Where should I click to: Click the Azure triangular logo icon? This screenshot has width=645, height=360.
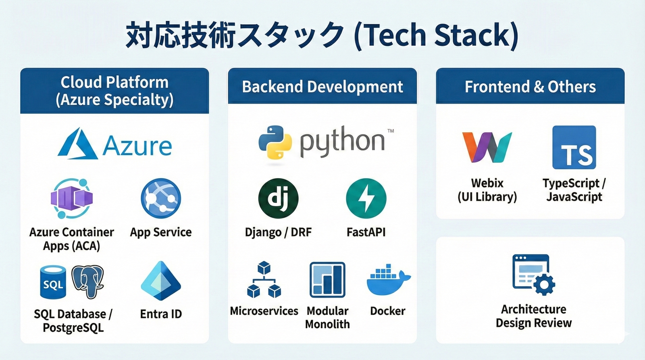(x=77, y=144)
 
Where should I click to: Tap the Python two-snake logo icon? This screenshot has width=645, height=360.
(x=275, y=142)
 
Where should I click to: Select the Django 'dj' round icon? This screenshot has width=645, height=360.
(x=278, y=198)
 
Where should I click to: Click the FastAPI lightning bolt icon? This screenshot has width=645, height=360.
(x=366, y=198)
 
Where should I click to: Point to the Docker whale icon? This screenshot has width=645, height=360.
(x=387, y=280)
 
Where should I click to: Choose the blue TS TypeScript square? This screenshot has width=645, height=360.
(x=574, y=147)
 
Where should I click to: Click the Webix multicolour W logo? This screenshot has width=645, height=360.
(x=487, y=147)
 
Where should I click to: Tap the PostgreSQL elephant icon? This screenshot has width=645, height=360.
(x=88, y=281)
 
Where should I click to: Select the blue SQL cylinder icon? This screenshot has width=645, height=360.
(x=53, y=282)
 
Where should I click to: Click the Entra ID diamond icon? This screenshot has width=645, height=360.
(x=160, y=281)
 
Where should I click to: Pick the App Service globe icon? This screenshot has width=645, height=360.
(x=160, y=198)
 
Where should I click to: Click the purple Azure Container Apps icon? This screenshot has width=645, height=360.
(x=72, y=198)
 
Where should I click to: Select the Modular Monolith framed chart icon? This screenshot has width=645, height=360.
(x=327, y=280)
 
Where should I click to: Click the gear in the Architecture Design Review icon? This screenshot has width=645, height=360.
(x=544, y=285)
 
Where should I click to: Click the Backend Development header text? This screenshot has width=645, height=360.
(x=322, y=87)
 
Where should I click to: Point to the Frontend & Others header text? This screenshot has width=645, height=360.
(x=530, y=87)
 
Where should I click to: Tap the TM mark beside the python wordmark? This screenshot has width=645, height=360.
(x=390, y=131)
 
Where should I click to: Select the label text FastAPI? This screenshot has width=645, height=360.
(x=366, y=232)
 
